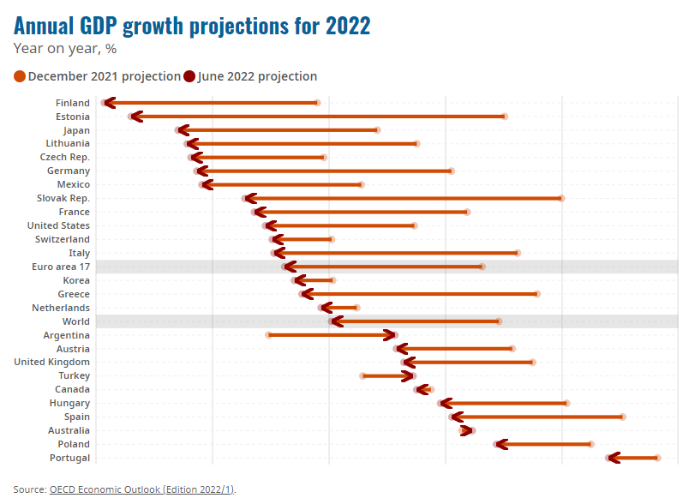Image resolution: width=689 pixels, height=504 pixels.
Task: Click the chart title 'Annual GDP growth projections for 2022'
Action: point(192,26)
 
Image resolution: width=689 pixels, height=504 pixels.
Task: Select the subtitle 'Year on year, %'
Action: point(65,49)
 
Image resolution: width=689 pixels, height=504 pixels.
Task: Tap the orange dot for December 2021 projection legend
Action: point(20,77)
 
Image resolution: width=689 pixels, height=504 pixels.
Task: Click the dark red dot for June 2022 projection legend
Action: point(189,77)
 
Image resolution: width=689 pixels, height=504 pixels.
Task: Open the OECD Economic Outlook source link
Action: point(141,489)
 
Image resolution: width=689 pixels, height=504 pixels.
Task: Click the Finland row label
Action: point(72,103)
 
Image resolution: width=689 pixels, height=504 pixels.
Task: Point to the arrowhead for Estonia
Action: point(133,117)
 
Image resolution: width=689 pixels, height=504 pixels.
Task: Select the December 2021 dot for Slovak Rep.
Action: point(561,198)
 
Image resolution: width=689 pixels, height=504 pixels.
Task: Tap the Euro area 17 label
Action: point(60,267)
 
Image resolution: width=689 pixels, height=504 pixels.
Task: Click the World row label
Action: point(75,321)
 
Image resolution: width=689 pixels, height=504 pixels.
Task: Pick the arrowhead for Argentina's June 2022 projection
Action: point(392,335)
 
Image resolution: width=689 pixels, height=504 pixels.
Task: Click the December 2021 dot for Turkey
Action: point(363,375)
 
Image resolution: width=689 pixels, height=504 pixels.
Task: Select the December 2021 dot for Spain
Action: point(622,417)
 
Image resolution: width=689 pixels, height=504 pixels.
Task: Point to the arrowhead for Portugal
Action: point(611,458)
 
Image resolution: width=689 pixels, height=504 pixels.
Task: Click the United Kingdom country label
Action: point(51,362)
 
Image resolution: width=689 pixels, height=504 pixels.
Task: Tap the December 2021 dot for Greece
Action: point(537,294)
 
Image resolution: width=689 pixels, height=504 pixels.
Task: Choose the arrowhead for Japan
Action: point(180,130)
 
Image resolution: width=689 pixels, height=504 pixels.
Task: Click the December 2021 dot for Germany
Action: point(452,171)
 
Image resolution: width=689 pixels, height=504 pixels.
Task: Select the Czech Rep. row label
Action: point(64,158)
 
